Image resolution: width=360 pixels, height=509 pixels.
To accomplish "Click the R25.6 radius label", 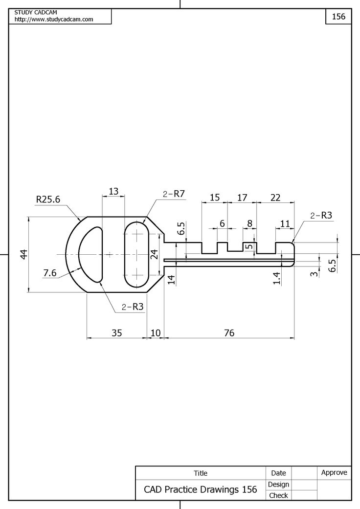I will tap(48, 199).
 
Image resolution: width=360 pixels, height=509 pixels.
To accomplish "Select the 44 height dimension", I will tap(23, 254).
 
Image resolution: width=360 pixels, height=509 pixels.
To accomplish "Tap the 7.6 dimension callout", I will tap(50, 273).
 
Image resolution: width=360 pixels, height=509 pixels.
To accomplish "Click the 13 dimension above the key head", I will tap(113, 192).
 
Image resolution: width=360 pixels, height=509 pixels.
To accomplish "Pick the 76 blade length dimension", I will tap(229, 333).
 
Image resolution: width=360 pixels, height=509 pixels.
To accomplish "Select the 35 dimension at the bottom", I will tap(116, 333).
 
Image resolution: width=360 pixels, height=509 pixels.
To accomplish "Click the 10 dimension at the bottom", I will tap(156, 333).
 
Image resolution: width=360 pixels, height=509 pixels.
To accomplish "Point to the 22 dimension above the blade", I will tap(275, 198).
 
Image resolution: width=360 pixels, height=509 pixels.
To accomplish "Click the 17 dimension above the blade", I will tap(242, 198).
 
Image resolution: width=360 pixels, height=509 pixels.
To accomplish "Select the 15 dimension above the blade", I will tap(214, 198).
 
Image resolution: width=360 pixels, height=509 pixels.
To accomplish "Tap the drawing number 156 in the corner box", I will tap(338, 17).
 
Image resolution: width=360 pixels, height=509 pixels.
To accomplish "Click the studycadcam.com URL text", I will tap(54, 20).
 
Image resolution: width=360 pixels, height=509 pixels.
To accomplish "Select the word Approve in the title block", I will tap(334, 472).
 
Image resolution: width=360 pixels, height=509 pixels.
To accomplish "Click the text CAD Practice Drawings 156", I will tap(200, 489).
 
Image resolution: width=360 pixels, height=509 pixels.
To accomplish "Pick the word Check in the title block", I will tap(278, 495).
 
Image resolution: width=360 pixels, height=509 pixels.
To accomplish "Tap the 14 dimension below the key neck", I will tap(171, 280).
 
